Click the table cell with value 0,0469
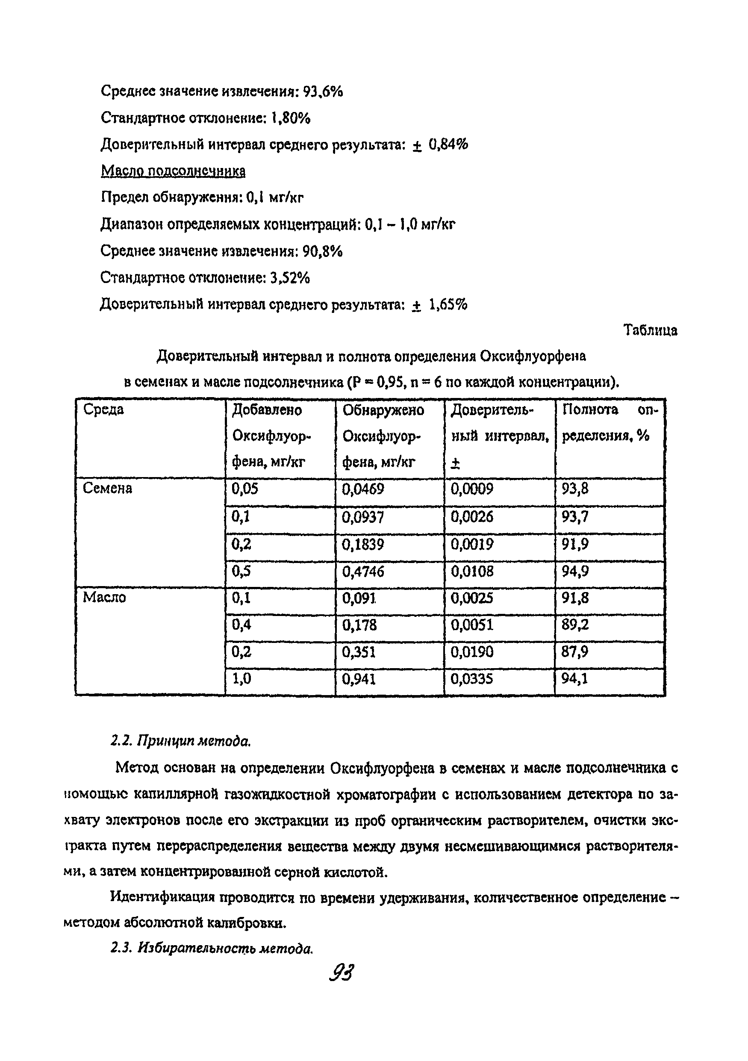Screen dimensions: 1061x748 coord(363,489)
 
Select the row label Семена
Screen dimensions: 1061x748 coord(107,489)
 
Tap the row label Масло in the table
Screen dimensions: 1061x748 coord(104,598)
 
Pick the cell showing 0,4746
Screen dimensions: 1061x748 coord(363,572)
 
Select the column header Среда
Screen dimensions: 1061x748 coord(103,410)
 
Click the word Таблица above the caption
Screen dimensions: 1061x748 coord(650,330)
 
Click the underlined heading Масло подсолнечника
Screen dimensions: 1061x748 coord(173,171)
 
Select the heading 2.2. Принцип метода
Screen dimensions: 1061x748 coord(181,741)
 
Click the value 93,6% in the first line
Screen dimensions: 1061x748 coord(322,92)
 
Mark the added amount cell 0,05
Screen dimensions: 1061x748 coord(244,489)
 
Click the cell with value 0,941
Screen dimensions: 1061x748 coord(359,679)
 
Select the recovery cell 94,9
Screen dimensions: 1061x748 coord(575,572)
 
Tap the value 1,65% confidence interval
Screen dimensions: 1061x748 coord(448,304)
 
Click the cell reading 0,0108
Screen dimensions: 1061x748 coord(472,572)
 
